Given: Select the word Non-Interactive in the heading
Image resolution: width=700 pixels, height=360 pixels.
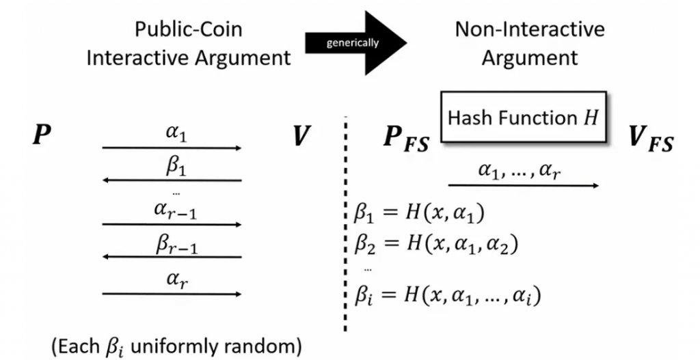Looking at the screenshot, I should [529, 29].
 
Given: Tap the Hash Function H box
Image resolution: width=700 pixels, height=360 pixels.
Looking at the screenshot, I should [524, 117].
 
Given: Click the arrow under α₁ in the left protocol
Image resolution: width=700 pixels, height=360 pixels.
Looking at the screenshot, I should [172, 148].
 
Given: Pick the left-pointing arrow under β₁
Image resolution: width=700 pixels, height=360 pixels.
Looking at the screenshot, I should [172, 180].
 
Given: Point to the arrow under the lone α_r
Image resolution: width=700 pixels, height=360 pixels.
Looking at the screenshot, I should [172, 294].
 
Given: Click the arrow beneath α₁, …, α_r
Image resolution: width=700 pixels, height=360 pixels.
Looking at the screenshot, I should [524, 185].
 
